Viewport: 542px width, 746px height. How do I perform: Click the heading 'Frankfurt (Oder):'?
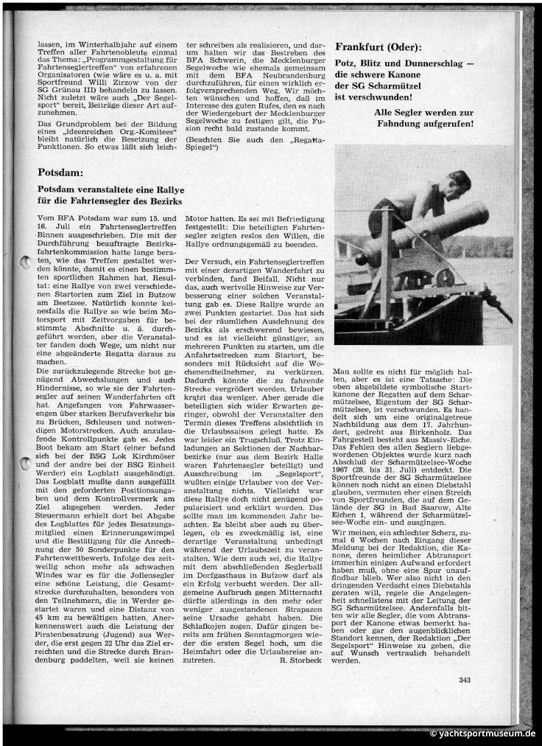(379, 46)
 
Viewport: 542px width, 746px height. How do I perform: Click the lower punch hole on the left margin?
(24, 462)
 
